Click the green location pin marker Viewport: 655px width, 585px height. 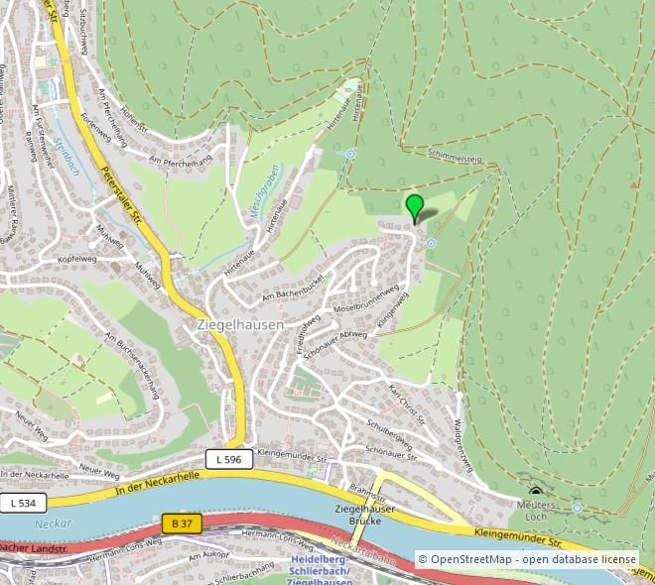pyautogui.click(x=415, y=207)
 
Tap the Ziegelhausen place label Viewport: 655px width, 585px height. pyautogui.click(x=240, y=324)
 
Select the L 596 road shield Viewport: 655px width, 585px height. pyautogui.click(x=225, y=458)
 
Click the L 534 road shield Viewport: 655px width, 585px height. pyautogui.click(x=22, y=503)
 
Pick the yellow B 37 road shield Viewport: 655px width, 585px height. pyautogui.click(x=182, y=523)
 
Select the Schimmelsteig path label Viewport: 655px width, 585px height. pyautogui.click(x=456, y=157)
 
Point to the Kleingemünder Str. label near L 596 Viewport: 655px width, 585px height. pyautogui.click(x=292, y=452)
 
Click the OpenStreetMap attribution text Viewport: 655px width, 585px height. pyautogui.click(x=526, y=559)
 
